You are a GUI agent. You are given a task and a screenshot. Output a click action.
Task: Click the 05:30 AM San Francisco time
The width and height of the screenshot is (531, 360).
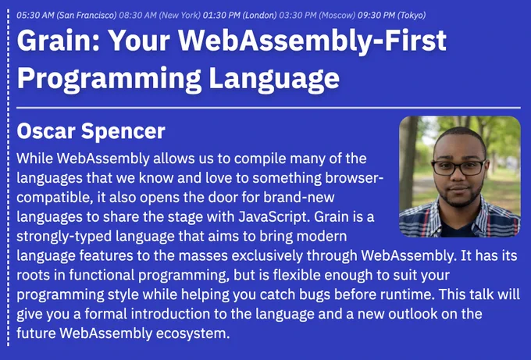click(x=66, y=16)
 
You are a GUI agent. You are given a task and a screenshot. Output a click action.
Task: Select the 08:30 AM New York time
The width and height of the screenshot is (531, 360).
click(x=160, y=16)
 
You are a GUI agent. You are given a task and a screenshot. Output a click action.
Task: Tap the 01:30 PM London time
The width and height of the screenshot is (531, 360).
click(x=240, y=16)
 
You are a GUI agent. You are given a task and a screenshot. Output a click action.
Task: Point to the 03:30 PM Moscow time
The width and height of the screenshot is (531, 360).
click(x=317, y=16)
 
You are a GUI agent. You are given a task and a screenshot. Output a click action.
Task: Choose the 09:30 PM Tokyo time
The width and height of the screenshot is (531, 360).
click(x=392, y=16)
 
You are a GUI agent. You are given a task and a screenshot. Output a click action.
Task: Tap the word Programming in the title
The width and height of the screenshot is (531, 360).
click(x=109, y=79)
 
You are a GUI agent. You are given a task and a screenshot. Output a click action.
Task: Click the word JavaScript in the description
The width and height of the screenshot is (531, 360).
click(x=274, y=217)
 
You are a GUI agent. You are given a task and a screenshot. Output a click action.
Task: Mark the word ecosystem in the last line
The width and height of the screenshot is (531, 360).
click(x=193, y=334)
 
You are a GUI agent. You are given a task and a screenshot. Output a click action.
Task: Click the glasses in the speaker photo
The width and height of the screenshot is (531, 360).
click(x=459, y=167)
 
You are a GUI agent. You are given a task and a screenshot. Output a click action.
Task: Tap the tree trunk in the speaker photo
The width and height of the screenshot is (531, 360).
click(x=408, y=162)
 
